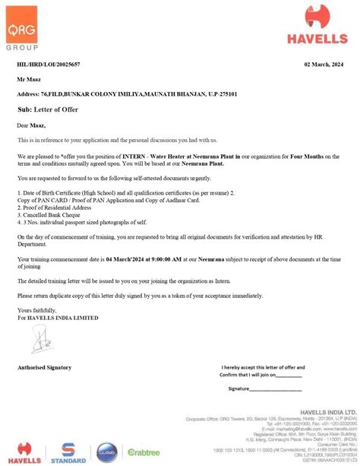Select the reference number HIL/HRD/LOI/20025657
pyautogui.click(x=49, y=65)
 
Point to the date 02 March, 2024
pyautogui.click(x=323, y=65)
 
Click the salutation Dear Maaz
pyautogui.click(x=32, y=125)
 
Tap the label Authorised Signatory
pyautogui.click(x=44, y=367)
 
